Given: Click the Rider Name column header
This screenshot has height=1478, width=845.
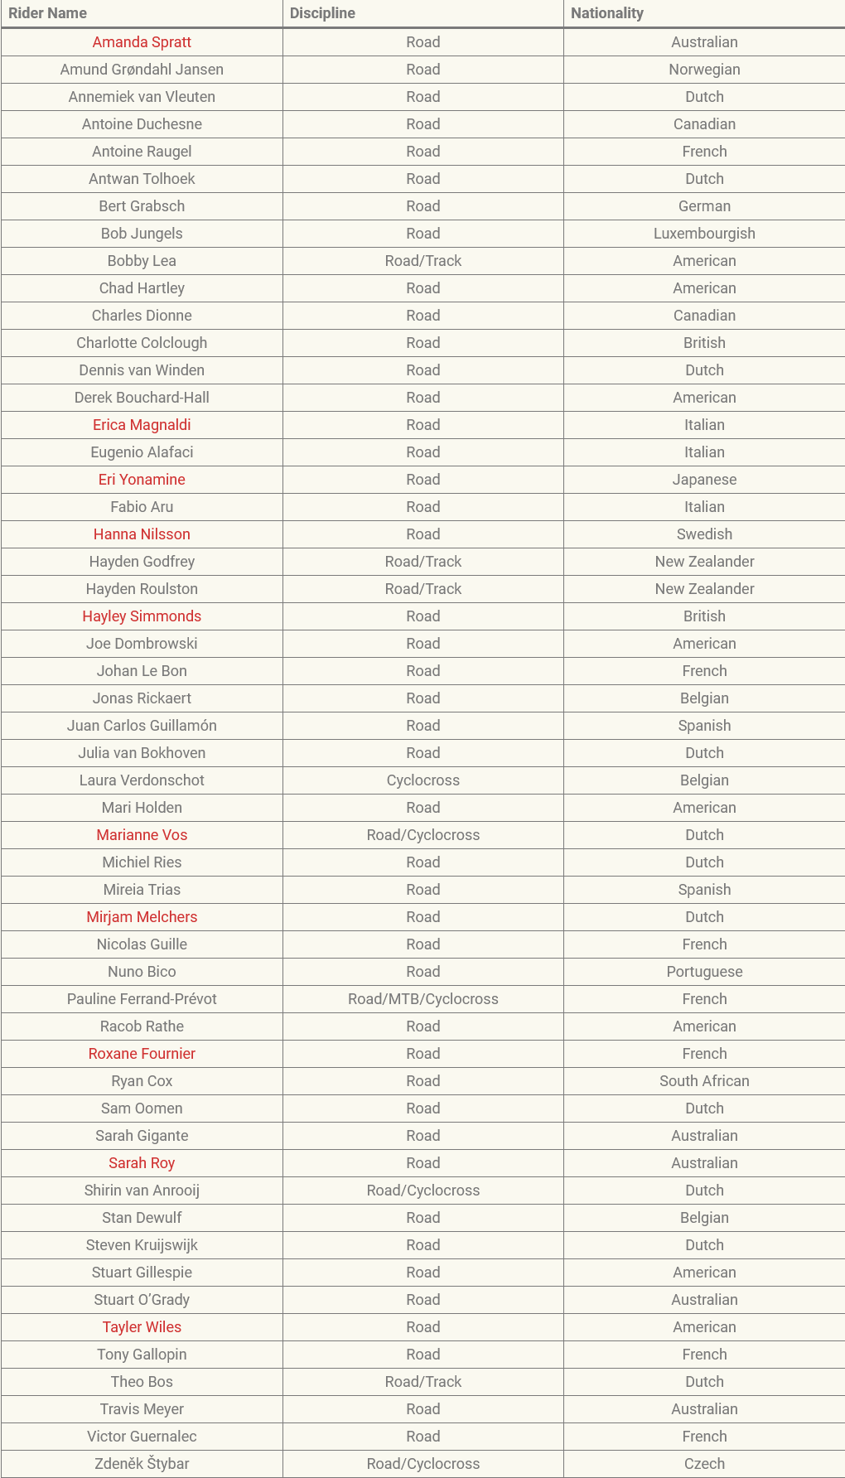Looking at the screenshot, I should pyautogui.click(x=47, y=13).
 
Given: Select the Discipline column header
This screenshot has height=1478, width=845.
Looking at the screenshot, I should pyautogui.click(x=322, y=13).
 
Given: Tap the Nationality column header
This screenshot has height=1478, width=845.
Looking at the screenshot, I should pyautogui.click(x=606, y=13).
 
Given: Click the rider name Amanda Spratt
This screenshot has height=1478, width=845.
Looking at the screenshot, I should pyautogui.click(x=142, y=42).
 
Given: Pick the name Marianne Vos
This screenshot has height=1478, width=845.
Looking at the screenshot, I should pyautogui.click(x=142, y=835).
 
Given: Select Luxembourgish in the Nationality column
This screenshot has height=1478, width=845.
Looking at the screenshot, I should pyautogui.click(x=704, y=234).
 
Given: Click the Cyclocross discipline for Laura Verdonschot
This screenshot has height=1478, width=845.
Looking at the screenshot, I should pyautogui.click(x=422, y=780).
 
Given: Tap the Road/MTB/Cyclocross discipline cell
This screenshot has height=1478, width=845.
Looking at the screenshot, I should pyautogui.click(x=422, y=999).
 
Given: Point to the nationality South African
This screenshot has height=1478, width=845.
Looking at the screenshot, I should pyautogui.click(x=704, y=1081).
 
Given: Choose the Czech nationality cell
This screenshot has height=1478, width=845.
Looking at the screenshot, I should pyautogui.click(x=704, y=1464).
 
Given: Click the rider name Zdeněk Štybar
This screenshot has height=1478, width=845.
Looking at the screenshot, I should pyautogui.click(x=142, y=1464).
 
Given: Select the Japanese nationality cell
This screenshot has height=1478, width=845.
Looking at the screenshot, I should pyautogui.click(x=704, y=480).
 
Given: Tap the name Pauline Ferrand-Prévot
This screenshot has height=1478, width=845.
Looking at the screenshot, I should pyautogui.click(x=142, y=999).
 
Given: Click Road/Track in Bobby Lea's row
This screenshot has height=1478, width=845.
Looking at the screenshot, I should pyautogui.click(x=422, y=261).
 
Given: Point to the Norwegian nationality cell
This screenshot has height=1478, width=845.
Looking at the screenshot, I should pyautogui.click(x=704, y=70).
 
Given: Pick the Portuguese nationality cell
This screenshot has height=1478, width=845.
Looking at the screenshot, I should pyautogui.click(x=704, y=972).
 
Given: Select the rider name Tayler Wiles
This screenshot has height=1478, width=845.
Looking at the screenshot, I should pyautogui.click(x=142, y=1327).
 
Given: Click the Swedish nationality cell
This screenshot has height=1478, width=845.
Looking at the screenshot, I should pyautogui.click(x=704, y=534).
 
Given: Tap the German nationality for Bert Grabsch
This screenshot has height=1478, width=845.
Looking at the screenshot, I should pyautogui.click(x=704, y=206).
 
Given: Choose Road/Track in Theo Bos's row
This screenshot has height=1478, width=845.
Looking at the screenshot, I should pyautogui.click(x=422, y=1382).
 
